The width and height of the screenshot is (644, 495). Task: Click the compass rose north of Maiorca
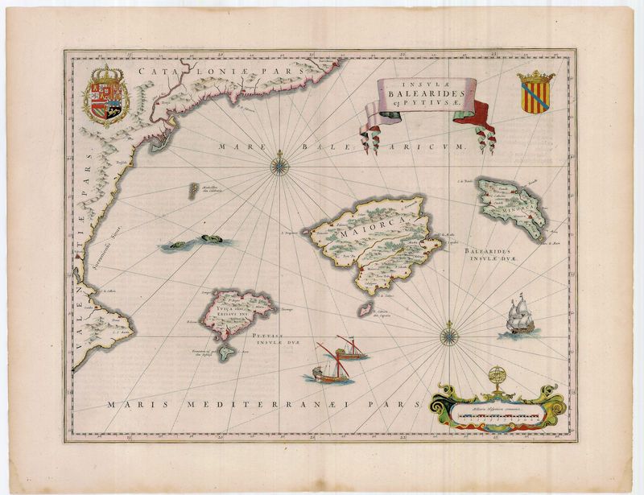coord(280,164)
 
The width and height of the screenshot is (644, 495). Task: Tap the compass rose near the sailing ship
coord(448,332)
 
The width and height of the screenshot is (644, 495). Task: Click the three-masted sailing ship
coord(518,316)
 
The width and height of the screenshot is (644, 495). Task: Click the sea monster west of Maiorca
coord(200,241)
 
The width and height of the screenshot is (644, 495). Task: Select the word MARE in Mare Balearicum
coord(236,146)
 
